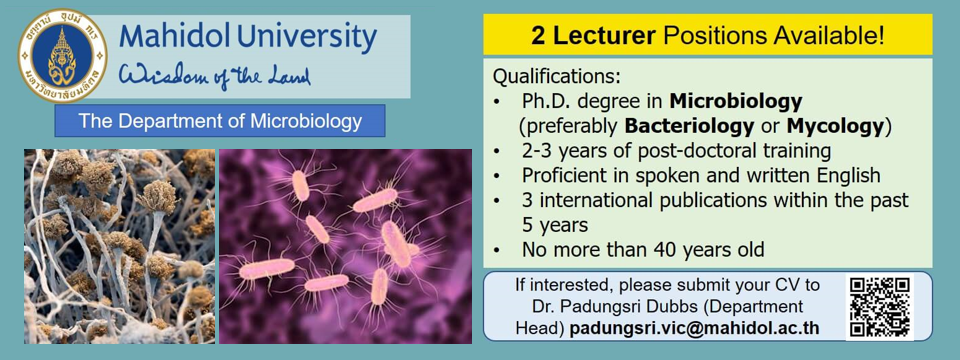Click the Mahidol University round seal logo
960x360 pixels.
(x=62, y=56)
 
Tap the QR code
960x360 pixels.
(x=880, y=307)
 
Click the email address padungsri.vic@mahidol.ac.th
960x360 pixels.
(x=694, y=328)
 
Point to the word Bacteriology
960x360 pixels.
(x=689, y=126)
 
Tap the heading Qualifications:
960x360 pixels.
(x=557, y=77)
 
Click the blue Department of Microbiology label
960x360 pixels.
(x=220, y=121)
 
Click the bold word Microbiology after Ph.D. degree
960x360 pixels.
(x=735, y=101)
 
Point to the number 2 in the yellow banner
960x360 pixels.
(x=538, y=37)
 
